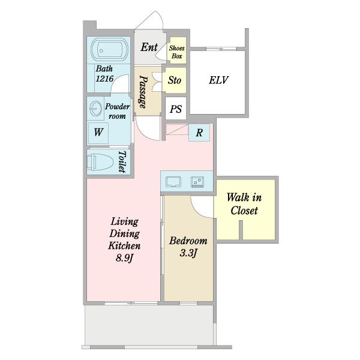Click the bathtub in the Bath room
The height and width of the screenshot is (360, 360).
(109, 50)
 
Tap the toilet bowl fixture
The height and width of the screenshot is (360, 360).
(100, 162)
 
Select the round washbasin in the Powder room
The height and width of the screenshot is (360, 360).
(96, 109)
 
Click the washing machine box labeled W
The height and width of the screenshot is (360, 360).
(98, 133)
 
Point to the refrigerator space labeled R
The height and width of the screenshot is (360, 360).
(199, 133)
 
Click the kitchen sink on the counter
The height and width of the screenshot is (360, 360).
(173, 182)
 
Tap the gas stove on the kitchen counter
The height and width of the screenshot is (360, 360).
(197, 182)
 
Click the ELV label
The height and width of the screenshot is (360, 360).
(218, 80)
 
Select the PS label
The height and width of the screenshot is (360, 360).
(176, 109)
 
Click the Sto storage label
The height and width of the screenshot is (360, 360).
(175, 80)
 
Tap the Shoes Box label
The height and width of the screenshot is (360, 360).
(177, 52)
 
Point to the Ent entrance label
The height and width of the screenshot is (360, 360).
(149, 47)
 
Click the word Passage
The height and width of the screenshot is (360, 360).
(143, 92)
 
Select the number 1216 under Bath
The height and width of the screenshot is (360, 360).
(104, 79)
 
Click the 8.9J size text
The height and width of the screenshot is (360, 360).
(124, 258)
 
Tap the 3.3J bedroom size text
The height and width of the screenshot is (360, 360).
(188, 253)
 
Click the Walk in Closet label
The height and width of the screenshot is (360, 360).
(244, 204)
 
